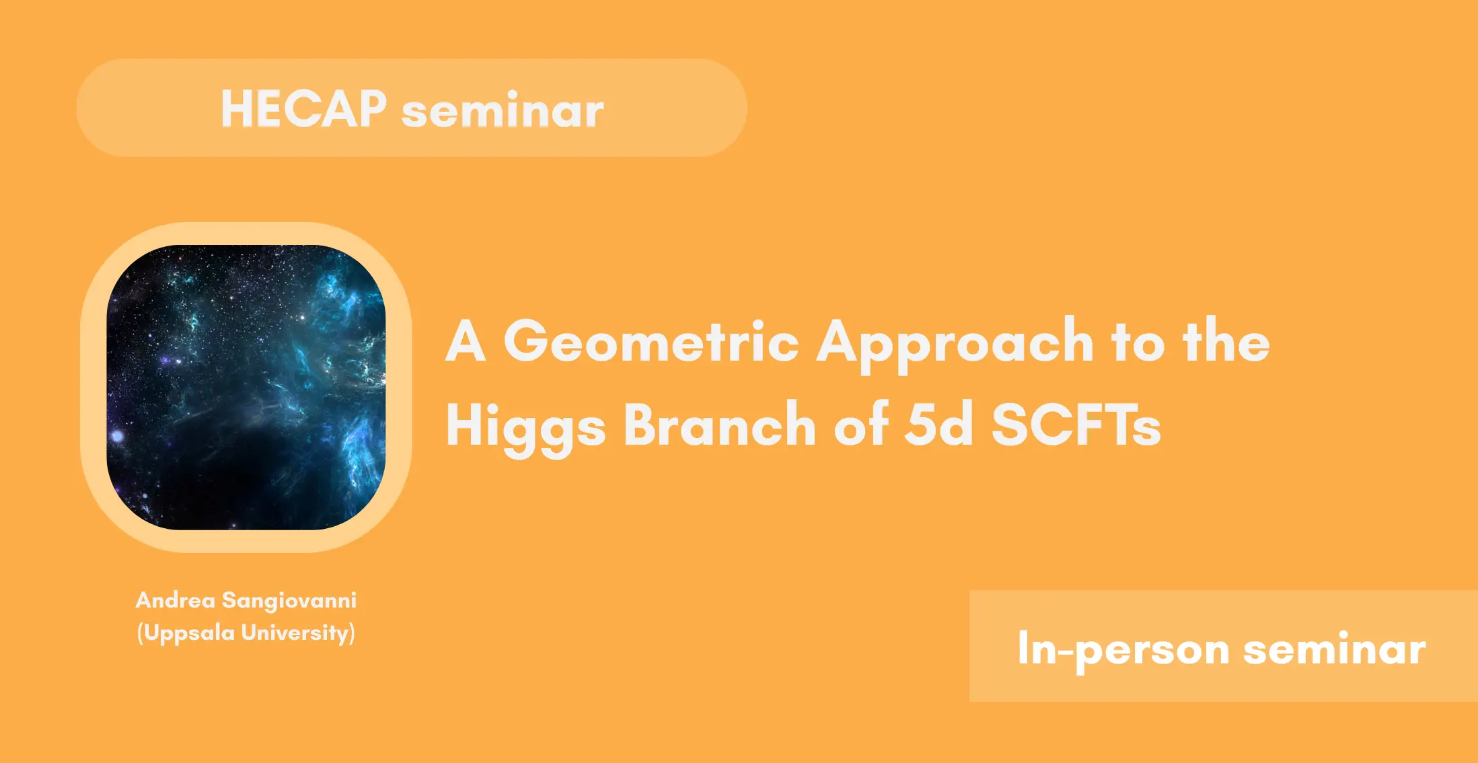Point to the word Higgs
(525, 426)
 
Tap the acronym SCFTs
(1076, 423)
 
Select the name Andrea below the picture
(175, 599)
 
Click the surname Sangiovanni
(289, 601)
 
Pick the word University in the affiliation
(295, 633)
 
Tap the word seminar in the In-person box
(1334, 649)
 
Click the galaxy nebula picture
(246, 387)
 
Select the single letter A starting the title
(466, 341)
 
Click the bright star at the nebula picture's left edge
(117, 436)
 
